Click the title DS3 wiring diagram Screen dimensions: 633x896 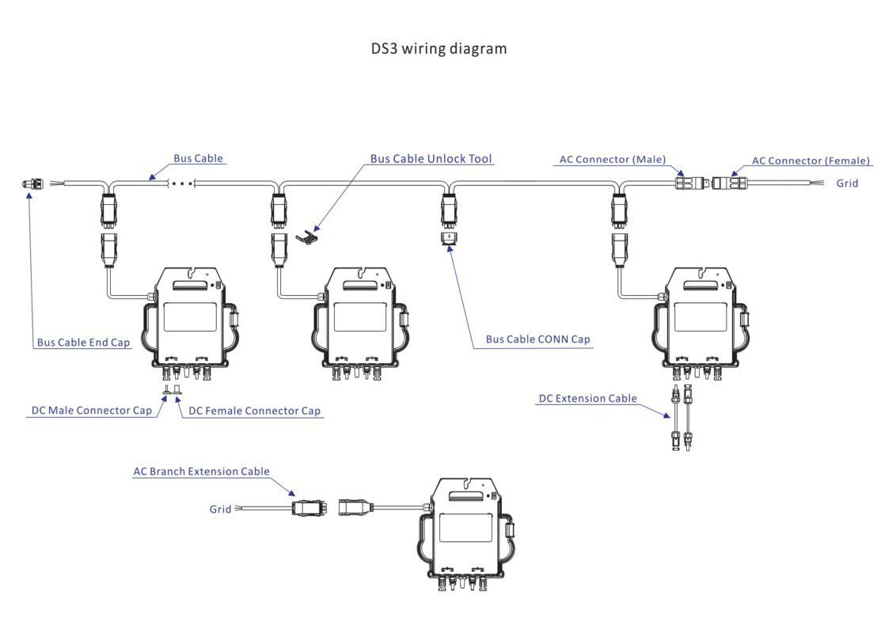click(x=439, y=49)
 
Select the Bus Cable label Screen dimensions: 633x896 click(x=198, y=158)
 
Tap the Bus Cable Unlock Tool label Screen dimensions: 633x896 click(x=431, y=159)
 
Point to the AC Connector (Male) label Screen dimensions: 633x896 click(x=612, y=160)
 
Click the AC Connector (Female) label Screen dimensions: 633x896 click(x=811, y=161)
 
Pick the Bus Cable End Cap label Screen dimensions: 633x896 click(x=83, y=343)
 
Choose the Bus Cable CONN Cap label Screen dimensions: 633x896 click(x=537, y=339)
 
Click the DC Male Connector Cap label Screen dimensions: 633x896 click(x=91, y=411)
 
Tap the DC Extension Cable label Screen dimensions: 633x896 click(x=587, y=399)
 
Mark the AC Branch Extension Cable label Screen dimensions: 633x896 click(x=201, y=472)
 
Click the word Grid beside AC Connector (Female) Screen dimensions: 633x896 click(x=847, y=184)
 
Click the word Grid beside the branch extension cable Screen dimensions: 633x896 click(x=220, y=509)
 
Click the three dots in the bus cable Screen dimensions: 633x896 click(x=182, y=183)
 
